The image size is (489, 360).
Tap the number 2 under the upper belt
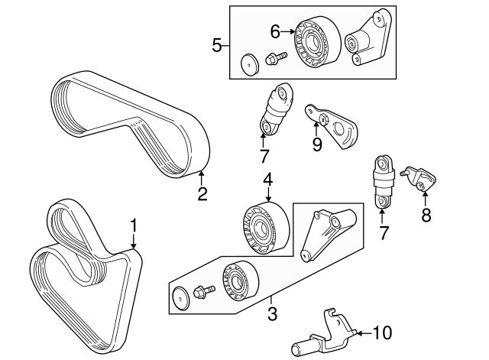(x=202, y=193)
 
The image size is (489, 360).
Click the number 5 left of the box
(x=217, y=45)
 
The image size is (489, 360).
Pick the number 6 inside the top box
(x=276, y=31)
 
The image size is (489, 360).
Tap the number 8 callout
(x=426, y=216)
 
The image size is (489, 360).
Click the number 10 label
(x=383, y=332)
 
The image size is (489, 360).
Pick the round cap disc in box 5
(x=249, y=63)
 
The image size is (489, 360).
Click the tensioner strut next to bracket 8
(x=384, y=182)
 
